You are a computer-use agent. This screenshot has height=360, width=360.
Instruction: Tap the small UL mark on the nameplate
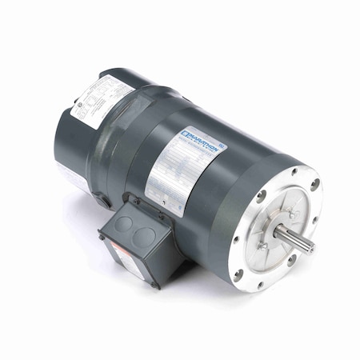pyautogui.click(x=222, y=146)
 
